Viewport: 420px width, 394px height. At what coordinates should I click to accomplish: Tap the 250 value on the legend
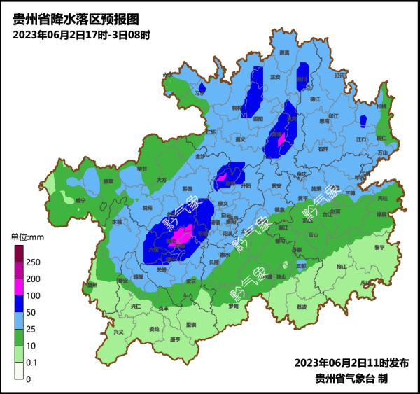(33, 262)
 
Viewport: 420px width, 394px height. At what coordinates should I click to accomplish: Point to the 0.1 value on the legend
(33, 362)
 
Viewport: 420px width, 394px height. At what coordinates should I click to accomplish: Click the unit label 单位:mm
(28, 238)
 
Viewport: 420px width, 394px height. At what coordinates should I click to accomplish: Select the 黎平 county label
(379, 247)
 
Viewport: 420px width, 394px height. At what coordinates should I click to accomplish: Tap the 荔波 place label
(302, 307)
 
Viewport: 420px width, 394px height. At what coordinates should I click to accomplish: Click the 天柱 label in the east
(381, 199)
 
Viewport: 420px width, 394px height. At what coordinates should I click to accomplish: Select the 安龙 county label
(154, 328)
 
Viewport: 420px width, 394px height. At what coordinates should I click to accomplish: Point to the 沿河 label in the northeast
(340, 75)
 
